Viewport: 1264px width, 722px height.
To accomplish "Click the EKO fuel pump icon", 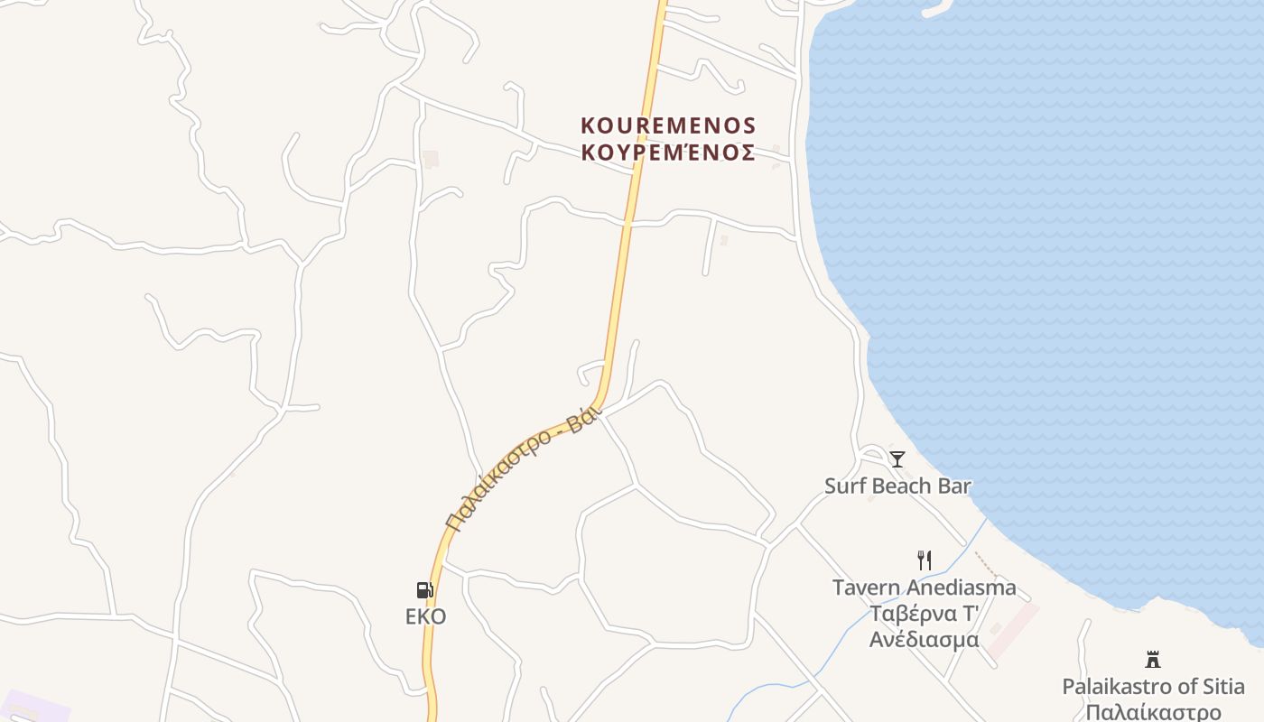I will tap(424, 590).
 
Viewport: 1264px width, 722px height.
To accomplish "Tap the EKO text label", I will tap(425, 617).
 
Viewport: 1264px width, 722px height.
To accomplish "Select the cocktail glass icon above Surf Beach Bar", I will tap(897, 459).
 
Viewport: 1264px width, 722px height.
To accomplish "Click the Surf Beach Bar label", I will tap(897, 486).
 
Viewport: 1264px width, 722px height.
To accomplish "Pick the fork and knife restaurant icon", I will tap(924, 560).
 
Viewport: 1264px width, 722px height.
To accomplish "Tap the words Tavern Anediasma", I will tap(924, 588).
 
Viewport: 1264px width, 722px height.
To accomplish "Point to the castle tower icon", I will tap(1152, 659).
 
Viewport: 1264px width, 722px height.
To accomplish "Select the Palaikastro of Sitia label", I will tap(1152, 686).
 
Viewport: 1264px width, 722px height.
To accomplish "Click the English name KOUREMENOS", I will tap(668, 125).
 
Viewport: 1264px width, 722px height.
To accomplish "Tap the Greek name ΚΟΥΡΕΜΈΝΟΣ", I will tap(668, 153).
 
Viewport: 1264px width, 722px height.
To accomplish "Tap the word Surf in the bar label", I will tap(843, 486).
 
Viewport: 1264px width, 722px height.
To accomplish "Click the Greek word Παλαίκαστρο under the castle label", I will tap(1152, 712).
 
